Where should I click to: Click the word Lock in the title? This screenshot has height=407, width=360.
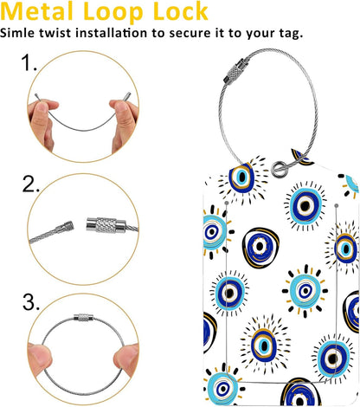(177, 11)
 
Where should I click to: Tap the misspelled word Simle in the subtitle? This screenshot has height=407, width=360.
(20, 33)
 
